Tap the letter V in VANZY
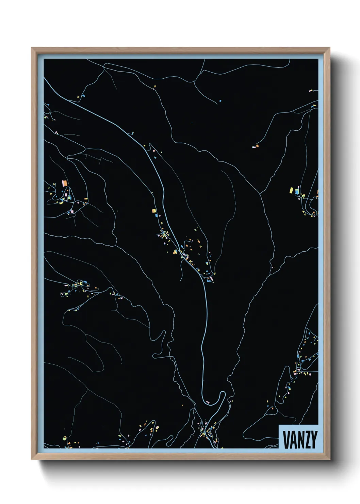(286, 440)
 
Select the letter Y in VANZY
(314, 440)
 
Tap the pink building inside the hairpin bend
(208, 402)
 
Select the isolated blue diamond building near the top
(220, 101)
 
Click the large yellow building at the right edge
(292, 190)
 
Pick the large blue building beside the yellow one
(297, 192)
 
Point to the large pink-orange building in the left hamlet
(64, 184)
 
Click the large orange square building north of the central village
(154, 211)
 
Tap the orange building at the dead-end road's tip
(257, 146)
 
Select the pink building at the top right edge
(310, 91)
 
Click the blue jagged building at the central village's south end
(209, 281)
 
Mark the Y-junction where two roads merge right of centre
(260, 194)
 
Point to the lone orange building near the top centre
(154, 86)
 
